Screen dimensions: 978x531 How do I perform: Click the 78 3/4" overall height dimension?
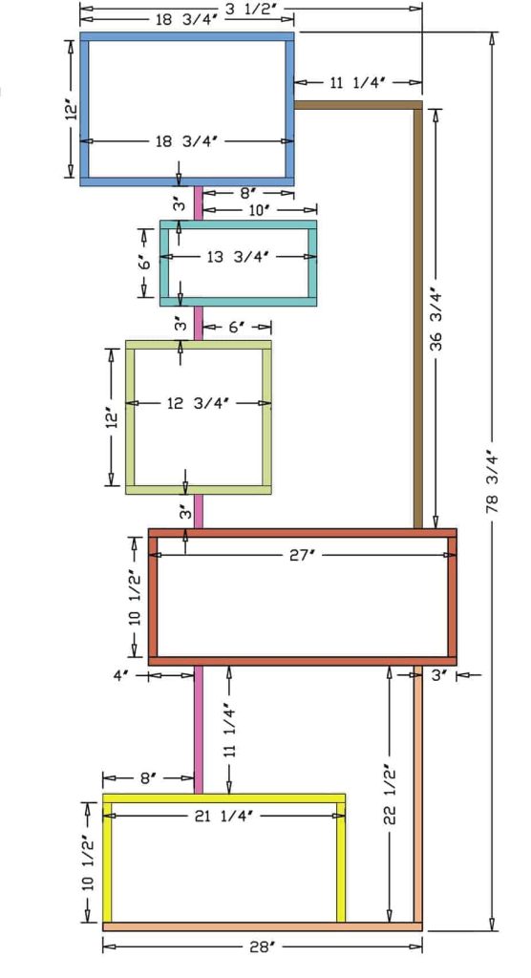click(493, 490)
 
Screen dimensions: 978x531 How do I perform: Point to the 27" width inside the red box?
click(302, 554)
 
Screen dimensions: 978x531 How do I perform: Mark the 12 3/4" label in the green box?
click(199, 403)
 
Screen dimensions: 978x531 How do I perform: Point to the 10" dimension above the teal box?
click(259, 208)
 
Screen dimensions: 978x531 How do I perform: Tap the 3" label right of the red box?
click(439, 674)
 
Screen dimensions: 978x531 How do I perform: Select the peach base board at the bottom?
click(262, 925)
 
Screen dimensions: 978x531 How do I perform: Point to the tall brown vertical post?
click(417, 315)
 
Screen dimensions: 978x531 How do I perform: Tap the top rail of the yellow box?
click(224, 797)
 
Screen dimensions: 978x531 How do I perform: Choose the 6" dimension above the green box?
click(237, 327)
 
